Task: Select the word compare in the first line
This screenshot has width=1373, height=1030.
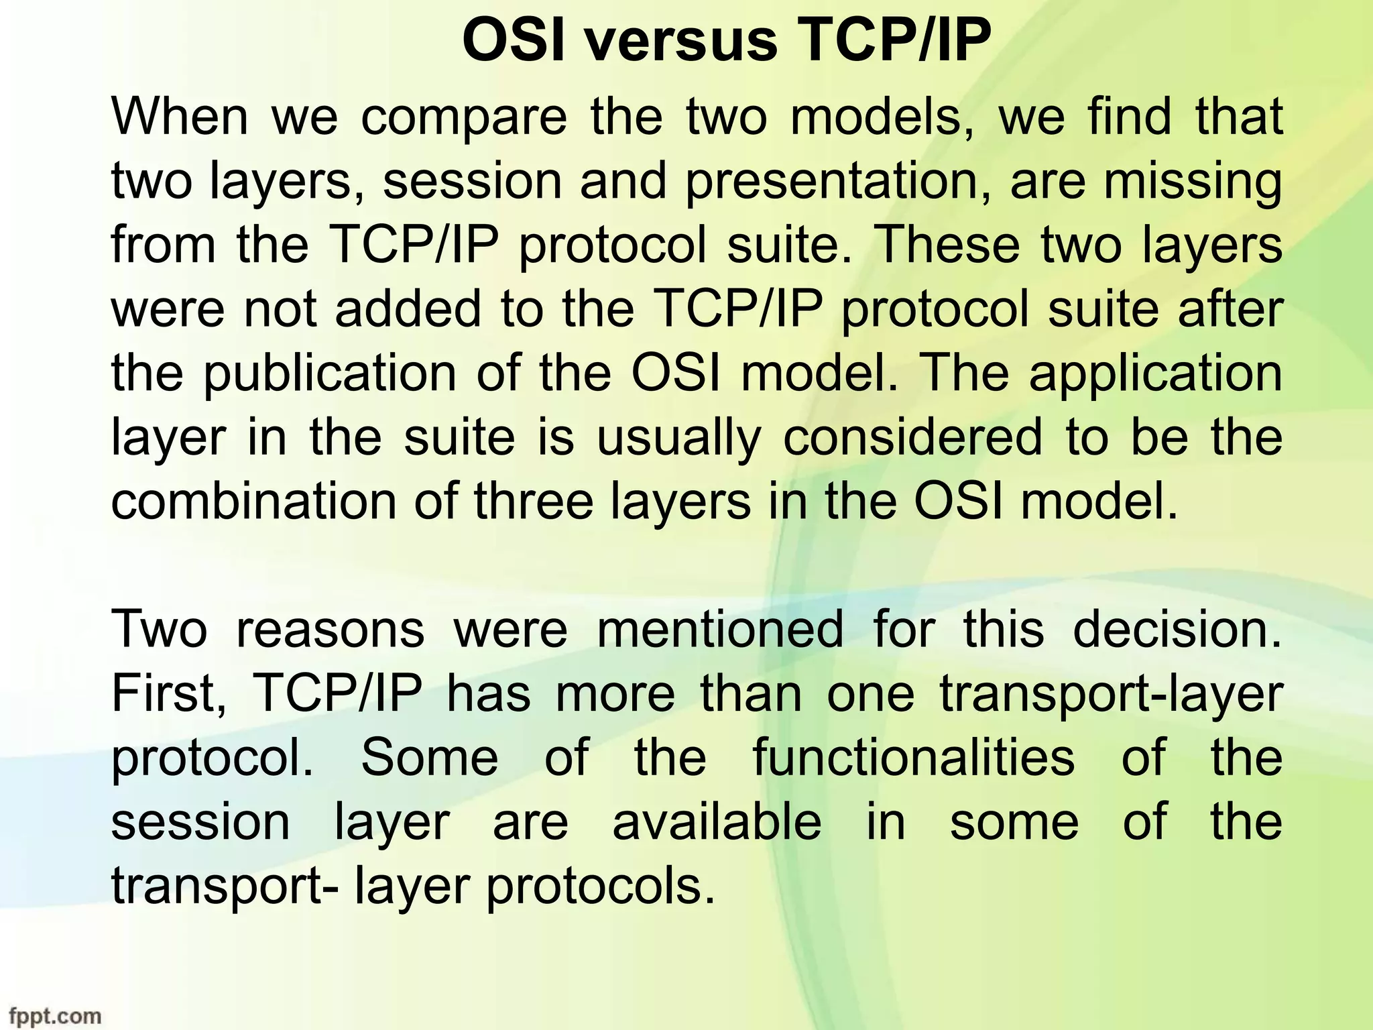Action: coord(464,118)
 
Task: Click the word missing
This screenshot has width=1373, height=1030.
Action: coord(1193,182)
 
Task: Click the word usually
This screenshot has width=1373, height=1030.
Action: coord(679,439)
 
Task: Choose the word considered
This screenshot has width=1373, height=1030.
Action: coord(913,437)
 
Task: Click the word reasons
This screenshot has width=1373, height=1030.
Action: coord(330,630)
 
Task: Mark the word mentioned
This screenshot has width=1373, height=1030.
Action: coord(719,630)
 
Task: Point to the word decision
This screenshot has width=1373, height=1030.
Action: coord(1177,630)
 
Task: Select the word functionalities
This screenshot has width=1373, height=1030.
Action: coord(914,758)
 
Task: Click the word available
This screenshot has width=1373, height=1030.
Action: coord(717,822)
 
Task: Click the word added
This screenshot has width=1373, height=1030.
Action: coord(408,310)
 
